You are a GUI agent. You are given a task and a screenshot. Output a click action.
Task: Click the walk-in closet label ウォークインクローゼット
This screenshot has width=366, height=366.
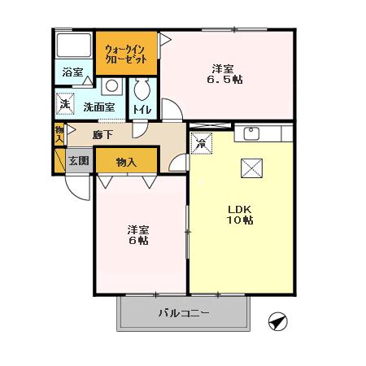point(125,54)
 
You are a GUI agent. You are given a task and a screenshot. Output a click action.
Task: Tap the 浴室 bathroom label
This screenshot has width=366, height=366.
point(73,72)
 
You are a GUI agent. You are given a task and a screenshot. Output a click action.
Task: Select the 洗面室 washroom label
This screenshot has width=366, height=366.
point(98,107)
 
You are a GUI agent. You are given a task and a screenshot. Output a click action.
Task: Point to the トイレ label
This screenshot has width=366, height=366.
point(140,109)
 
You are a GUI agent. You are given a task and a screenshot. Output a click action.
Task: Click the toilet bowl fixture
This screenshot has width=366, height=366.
point(141,89)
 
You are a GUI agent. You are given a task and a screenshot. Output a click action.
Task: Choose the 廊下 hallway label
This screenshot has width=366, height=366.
point(102,134)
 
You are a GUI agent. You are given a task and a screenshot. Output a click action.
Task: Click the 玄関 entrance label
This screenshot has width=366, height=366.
point(78,160)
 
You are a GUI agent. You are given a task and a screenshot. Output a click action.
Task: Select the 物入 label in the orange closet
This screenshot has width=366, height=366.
point(126,161)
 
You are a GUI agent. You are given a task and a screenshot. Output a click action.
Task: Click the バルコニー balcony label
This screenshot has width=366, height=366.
point(184,312)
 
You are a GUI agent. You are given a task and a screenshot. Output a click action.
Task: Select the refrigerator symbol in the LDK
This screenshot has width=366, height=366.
point(201,143)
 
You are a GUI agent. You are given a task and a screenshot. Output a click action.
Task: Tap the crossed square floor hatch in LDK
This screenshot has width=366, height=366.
point(250,168)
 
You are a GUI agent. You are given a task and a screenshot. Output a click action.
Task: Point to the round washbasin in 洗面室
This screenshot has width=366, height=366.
point(111,85)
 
